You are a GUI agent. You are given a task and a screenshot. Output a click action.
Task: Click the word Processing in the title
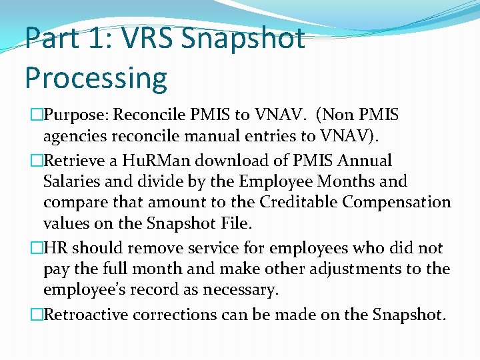pyautogui.click(x=96, y=77)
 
